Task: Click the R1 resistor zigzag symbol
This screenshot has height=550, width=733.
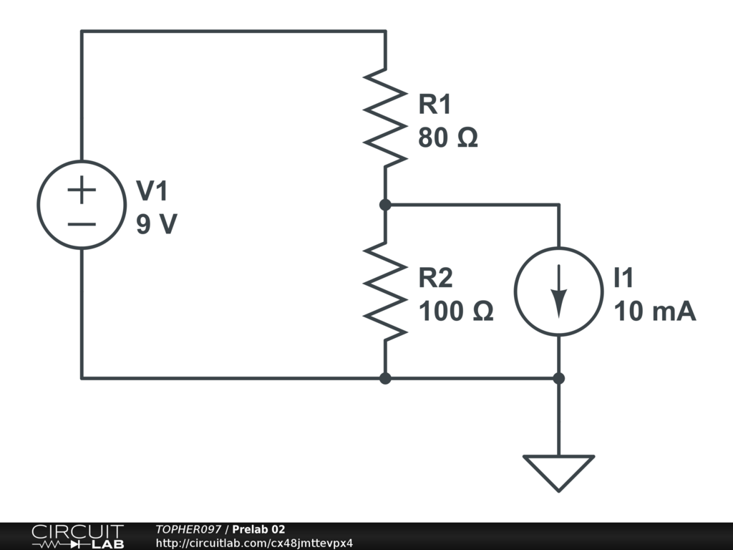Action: point(385,118)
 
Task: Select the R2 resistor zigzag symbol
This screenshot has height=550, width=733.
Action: point(385,291)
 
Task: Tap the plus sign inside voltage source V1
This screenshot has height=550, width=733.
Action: point(82,190)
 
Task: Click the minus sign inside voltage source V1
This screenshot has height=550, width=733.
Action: point(82,224)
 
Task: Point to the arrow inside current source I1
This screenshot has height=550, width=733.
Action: point(558,291)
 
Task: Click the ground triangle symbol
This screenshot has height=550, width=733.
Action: point(558,468)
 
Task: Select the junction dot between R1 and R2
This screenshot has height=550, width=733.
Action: point(385,204)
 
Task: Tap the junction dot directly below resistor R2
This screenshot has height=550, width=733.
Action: point(385,378)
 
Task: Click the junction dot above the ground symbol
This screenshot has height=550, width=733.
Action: point(558,378)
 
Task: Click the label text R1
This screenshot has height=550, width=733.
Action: point(435,104)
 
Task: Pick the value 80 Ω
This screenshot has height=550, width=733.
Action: point(448,137)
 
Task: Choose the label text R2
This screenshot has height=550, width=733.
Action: point(436,277)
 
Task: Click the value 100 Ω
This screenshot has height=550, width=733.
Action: point(456,311)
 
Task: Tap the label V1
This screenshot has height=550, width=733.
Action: point(152,190)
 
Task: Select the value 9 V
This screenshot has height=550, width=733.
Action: point(157,224)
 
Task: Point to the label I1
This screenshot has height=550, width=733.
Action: point(623,277)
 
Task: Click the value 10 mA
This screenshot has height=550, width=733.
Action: point(655,311)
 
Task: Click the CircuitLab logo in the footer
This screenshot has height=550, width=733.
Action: point(77,536)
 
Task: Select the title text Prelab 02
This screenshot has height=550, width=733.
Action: point(258,529)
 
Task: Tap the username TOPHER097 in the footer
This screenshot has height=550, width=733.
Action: point(188,529)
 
